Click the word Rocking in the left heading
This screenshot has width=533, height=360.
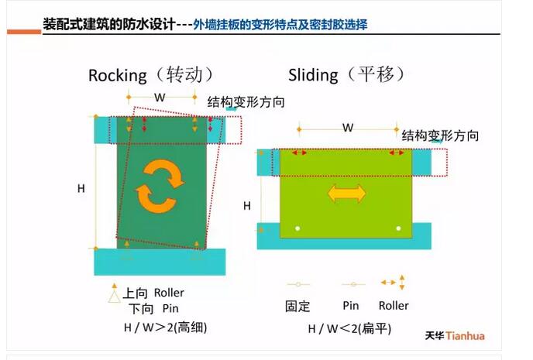[117, 75]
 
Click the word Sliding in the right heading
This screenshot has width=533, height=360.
[313, 75]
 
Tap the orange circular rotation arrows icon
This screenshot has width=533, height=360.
[160, 185]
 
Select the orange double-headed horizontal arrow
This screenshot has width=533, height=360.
[346, 193]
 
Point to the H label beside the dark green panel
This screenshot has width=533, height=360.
[81, 188]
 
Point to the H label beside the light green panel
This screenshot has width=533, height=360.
[247, 205]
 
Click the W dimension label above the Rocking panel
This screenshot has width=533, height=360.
[160, 98]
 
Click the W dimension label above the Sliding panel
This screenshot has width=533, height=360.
[348, 127]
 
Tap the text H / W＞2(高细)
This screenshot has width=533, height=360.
[165, 327]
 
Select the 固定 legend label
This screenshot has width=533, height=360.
[297, 306]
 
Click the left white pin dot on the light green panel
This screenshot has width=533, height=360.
[298, 227]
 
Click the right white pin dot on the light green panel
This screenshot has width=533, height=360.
[398, 227]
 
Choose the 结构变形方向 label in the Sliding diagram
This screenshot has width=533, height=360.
[439, 135]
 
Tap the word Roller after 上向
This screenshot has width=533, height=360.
[169, 293]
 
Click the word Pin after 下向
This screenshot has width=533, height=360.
[170, 308]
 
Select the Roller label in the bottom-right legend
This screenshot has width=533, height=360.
[394, 306]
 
